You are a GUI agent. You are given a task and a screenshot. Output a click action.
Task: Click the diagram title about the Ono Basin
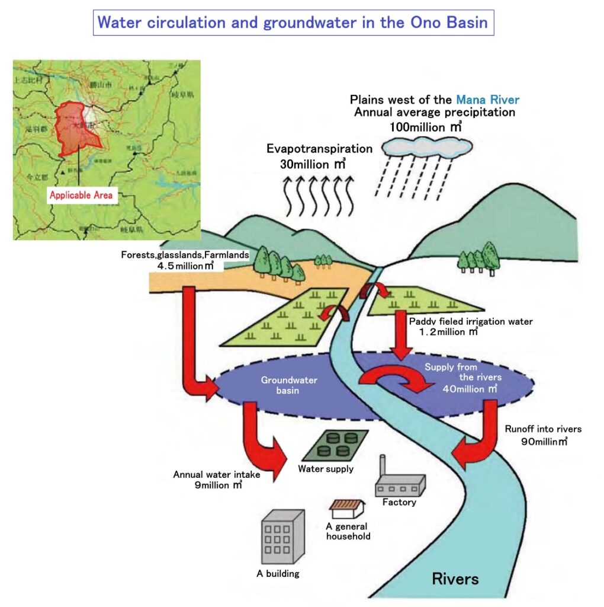(x=293, y=23)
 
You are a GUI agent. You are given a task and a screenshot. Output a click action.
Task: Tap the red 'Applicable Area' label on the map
(x=81, y=195)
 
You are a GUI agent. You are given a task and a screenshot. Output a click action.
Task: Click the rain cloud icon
(x=427, y=146)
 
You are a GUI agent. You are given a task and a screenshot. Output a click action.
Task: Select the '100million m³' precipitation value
(x=425, y=126)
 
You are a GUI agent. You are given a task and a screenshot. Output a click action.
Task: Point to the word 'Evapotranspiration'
(x=319, y=149)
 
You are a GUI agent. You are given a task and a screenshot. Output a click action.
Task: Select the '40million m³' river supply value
(x=470, y=389)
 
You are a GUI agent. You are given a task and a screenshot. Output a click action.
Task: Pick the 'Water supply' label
(x=326, y=469)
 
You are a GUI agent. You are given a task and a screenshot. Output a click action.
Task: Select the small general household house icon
(x=346, y=509)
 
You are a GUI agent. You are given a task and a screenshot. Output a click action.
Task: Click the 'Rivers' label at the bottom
(x=455, y=578)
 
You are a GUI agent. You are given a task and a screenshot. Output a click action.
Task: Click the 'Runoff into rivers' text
(x=543, y=429)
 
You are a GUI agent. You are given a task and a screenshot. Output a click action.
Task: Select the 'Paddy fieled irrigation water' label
(x=471, y=321)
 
